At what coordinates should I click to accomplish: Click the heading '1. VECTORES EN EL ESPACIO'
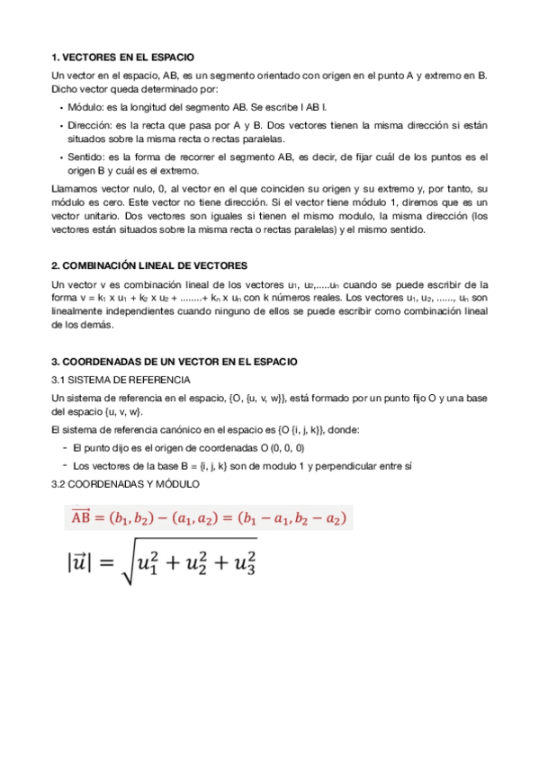tap(123, 57)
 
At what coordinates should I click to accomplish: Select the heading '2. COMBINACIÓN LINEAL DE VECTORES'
tap(148, 266)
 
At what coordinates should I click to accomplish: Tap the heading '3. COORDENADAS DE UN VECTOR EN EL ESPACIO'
tap(174, 361)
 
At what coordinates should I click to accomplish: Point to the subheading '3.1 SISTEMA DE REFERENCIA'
tap(121, 379)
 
